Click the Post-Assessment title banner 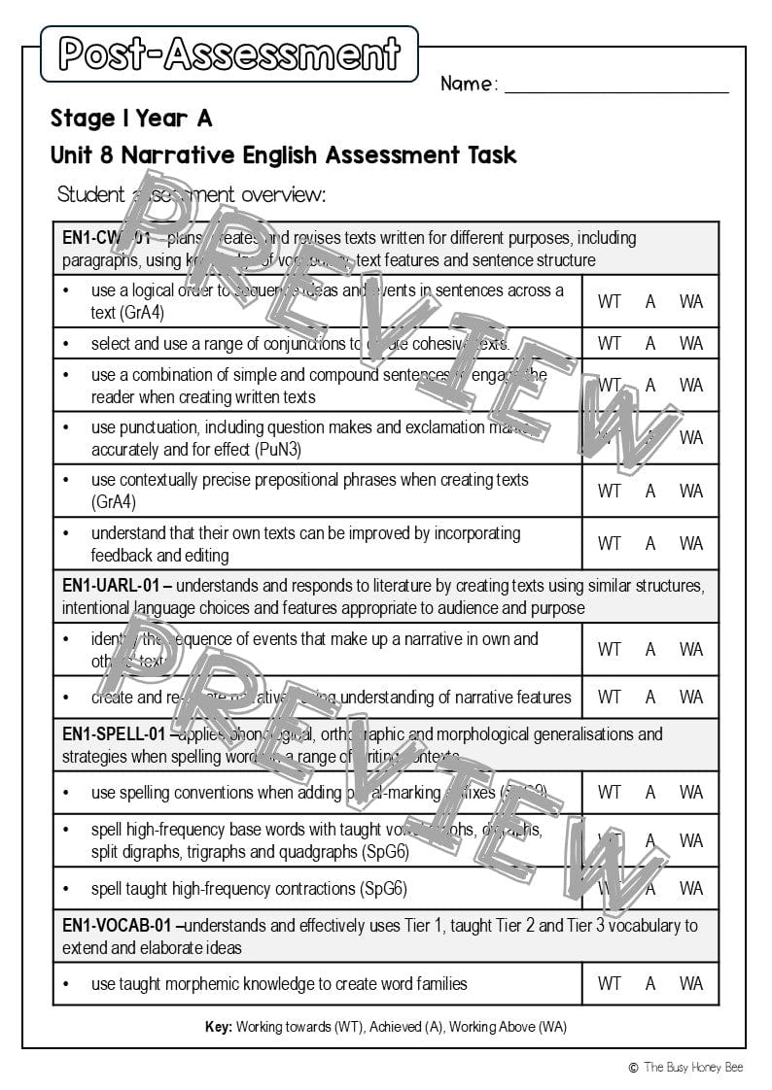tap(229, 53)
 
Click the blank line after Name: tap(616, 85)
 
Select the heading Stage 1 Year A tap(131, 119)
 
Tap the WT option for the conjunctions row tap(610, 343)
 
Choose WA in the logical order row tap(691, 301)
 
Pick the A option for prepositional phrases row tap(650, 491)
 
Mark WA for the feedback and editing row tap(691, 543)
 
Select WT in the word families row tap(610, 983)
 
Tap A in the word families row tap(650, 983)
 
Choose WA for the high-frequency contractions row tap(691, 888)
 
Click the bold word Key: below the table tap(219, 1027)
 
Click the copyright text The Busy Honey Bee tap(693, 1068)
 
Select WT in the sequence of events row tap(610, 649)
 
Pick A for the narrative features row tap(650, 697)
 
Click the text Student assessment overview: tap(192, 194)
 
